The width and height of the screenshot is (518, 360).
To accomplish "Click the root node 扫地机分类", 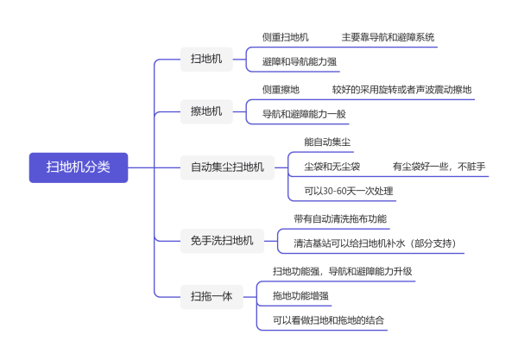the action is pos(79,167).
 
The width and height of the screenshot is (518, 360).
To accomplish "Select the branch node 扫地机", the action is pos(206,59).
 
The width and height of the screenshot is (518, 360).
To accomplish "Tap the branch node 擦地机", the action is pos(206,111).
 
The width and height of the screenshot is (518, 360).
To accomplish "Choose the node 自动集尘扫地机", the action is pos(227,167).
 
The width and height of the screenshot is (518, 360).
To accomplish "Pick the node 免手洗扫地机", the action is pos(222,241).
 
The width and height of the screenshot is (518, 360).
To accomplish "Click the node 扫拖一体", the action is pos(212,297).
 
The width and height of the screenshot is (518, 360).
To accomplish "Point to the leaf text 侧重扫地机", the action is pos(286,37).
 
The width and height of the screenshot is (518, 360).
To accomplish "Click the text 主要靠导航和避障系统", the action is pos(388,37).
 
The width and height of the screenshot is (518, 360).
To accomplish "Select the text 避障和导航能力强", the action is pos(300,62).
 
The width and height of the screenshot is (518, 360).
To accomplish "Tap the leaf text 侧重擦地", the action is pos(281,90).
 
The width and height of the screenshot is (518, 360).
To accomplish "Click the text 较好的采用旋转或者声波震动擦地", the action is pos(401,90).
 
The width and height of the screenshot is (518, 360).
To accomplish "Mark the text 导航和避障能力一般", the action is pos(304,114).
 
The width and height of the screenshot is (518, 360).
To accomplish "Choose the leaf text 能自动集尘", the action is pos(327,142).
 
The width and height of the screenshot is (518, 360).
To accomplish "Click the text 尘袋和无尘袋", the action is pos(332,167).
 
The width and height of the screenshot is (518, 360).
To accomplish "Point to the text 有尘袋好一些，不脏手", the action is pos(439,167).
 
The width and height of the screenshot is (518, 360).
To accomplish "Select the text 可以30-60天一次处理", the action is pos(349,191).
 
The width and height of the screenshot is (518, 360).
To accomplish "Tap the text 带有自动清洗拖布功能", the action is pos(340,218).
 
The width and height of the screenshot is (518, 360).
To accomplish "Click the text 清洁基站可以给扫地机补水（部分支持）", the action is pos(376,243).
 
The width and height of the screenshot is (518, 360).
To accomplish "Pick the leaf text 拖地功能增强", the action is pos(300,295).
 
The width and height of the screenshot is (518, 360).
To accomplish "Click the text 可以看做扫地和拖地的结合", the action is pos(328,320).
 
